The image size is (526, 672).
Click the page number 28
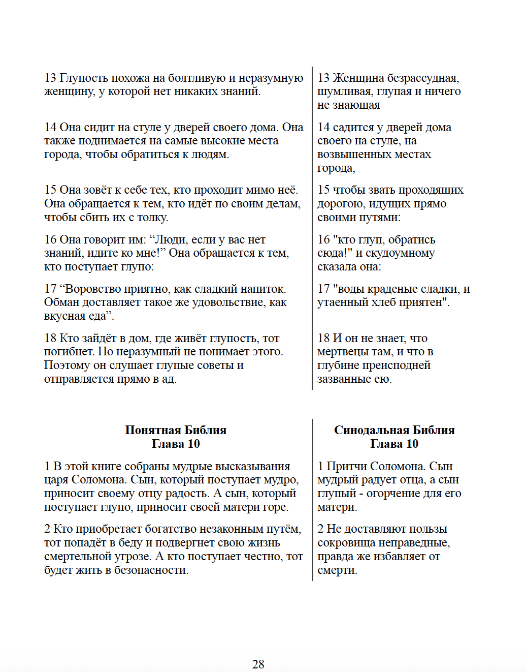pos(258,664)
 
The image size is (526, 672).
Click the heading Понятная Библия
pos(176,430)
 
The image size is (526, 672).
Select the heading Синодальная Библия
pos(394,430)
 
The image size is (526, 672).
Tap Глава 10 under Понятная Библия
pos(176,444)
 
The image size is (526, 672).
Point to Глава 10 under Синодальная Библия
pos(394,444)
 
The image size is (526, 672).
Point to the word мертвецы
pos(341,352)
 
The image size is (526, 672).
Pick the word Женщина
pos(358,78)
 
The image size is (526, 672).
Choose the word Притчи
pos(346,467)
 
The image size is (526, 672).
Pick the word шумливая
pos(345,91)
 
